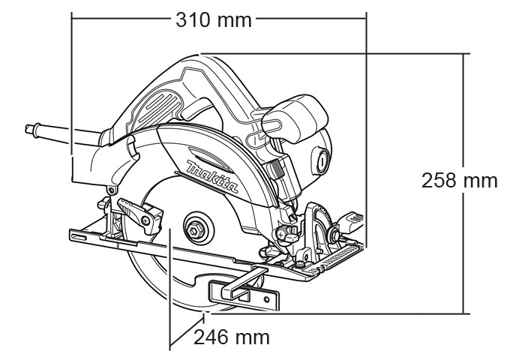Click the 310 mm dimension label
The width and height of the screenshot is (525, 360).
coord(214,20)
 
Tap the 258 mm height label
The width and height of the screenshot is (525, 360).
coord(459,181)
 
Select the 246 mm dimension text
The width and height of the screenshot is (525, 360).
coord(232,337)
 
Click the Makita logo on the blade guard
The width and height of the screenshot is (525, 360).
coord(212,176)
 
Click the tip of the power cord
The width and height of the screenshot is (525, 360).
coord(28,128)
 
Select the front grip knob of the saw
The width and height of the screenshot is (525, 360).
coord(295,118)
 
